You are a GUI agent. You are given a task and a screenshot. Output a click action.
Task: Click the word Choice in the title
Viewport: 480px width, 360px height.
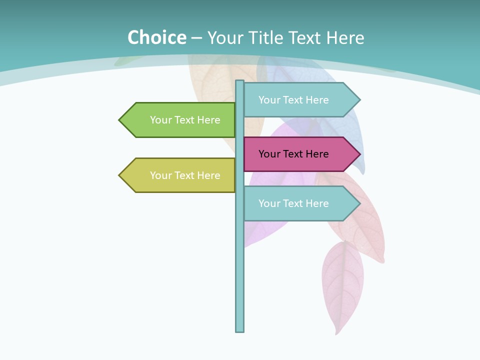(156, 37)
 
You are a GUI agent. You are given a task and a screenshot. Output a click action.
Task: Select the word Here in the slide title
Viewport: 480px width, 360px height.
(345, 37)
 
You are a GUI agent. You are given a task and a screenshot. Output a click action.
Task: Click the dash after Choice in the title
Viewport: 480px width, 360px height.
(197, 38)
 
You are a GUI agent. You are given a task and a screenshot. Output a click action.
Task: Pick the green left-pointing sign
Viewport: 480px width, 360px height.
(180, 120)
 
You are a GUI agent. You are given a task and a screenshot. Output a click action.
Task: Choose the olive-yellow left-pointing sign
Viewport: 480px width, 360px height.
(180, 175)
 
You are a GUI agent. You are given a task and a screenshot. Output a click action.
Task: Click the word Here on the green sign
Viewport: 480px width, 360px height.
(208, 120)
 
